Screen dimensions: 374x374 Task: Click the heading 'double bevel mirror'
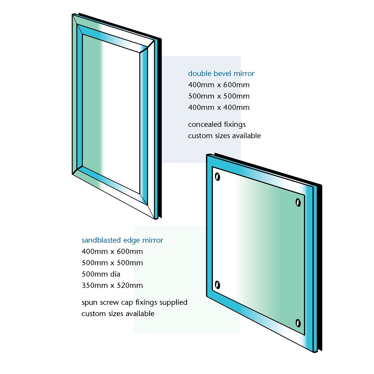(221, 74)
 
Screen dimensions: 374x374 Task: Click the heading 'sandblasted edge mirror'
(122, 240)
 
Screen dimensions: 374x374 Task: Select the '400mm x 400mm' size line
(219, 108)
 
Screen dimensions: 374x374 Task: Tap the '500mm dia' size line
(101, 274)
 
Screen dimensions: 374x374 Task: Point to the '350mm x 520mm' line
(112, 285)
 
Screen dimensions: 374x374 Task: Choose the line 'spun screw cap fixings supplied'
(134, 302)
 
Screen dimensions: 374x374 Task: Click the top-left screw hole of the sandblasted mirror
(217, 177)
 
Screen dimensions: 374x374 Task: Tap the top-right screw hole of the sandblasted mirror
(298, 203)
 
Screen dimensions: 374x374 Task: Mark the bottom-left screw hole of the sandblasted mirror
(217, 285)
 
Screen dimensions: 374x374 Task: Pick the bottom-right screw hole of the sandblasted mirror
(298, 323)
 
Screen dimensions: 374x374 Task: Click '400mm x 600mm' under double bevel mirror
(219, 85)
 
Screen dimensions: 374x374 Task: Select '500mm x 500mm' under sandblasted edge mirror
(112, 263)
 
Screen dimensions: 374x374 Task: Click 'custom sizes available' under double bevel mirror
(224, 136)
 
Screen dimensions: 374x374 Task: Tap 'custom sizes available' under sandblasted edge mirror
(118, 314)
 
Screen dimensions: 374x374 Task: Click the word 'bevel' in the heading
(222, 74)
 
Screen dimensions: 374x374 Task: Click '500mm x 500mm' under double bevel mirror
(219, 96)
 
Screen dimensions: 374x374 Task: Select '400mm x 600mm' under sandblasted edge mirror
(112, 251)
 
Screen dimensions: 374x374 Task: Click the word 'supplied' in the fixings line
(173, 302)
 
